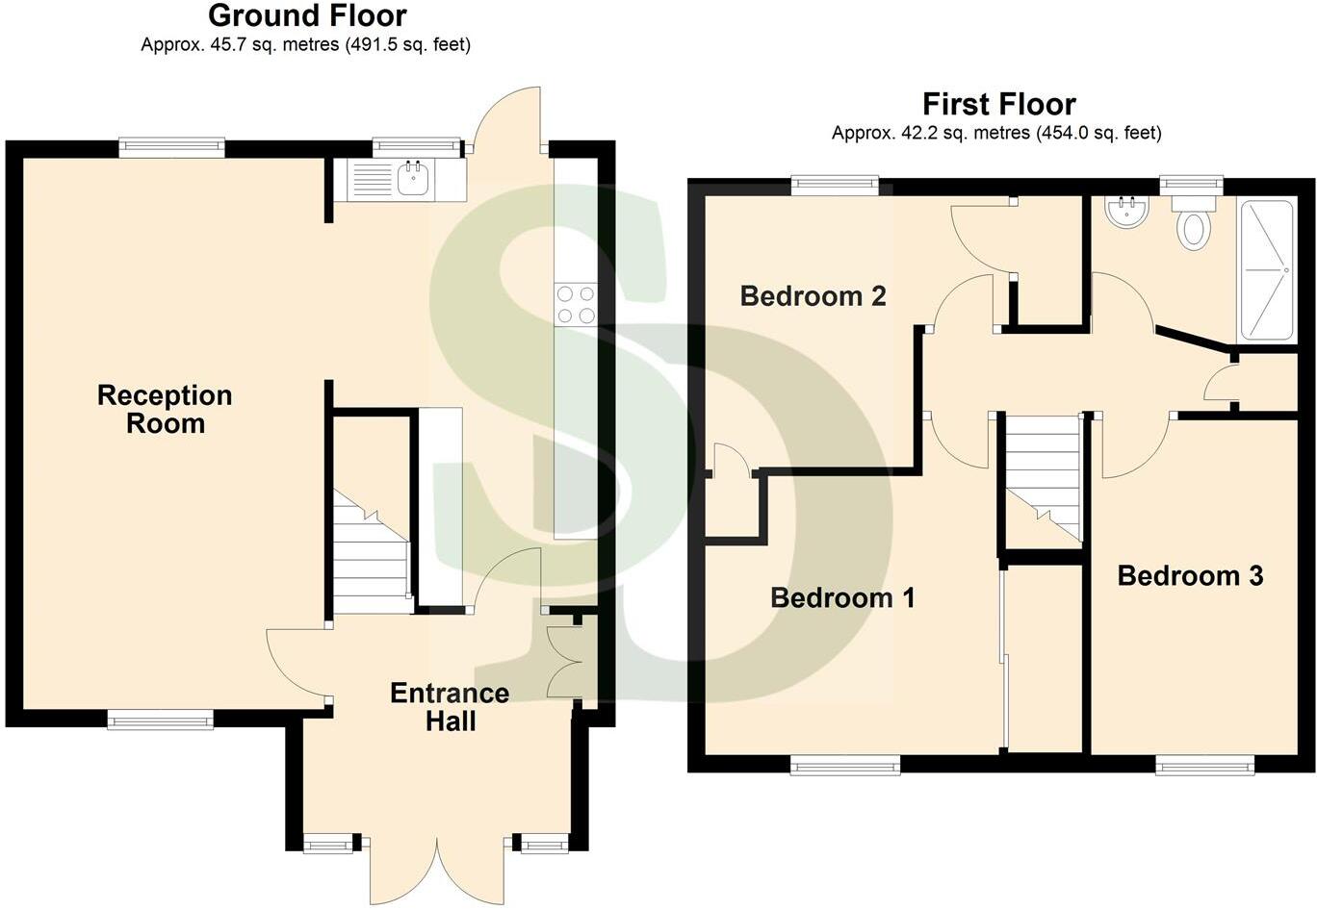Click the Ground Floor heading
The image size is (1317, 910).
click(x=307, y=16)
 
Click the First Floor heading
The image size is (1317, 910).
click(x=998, y=104)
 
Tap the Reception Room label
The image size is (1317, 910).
click(x=165, y=409)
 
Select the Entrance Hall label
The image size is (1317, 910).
click(x=450, y=707)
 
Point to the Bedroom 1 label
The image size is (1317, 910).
click(x=842, y=597)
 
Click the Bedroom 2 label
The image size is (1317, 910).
click(x=813, y=295)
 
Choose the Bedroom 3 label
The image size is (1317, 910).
click(x=1190, y=575)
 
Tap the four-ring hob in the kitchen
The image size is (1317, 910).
click(x=576, y=305)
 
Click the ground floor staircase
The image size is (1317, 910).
click(x=371, y=553)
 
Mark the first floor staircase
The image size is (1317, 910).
click(x=1043, y=476)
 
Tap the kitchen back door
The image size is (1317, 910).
click(x=507, y=120)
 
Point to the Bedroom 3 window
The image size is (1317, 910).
click(x=1204, y=765)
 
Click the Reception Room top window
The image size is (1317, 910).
click(x=172, y=146)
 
